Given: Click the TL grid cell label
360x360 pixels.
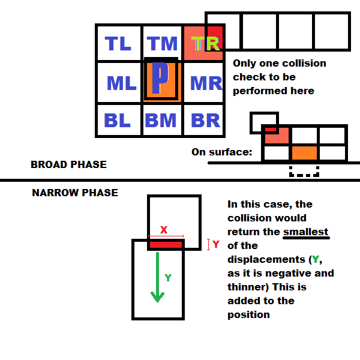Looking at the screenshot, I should pyautogui.click(x=118, y=43).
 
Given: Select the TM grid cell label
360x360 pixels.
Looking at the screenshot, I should pyautogui.click(x=163, y=43).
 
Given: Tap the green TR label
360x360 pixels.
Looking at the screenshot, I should pyautogui.click(x=205, y=43).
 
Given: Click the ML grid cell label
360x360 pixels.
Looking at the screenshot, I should pyautogui.click(x=121, y=83).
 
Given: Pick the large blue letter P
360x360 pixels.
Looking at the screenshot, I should pyautogui.click(x=159, y=79).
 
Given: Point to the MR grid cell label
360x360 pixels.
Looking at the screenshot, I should pyautogui.click(x=206, y=83).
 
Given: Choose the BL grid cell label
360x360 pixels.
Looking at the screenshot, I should pyautogui.click(x=118, y=120).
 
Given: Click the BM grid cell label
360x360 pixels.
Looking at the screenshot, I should pyautogui.click(x=161, y=120).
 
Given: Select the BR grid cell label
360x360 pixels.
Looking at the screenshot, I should pyautogui.click(x=205, y=120).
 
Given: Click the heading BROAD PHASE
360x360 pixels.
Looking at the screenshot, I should pyautogui.click(x=68, y=164).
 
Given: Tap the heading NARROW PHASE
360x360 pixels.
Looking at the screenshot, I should pyautogui.click(x=75, y=193).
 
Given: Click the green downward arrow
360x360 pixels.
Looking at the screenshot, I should pyautogui.click(x=157, y=277).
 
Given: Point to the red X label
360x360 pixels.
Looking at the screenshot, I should pyautogui.click(x=163, y=230).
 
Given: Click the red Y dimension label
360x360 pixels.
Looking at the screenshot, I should pyautogui.click(x=216, y=245).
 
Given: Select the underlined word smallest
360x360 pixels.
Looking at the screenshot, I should pyautogui.click(x=306, y=232).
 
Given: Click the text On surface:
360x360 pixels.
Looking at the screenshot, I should pyautogui.click(x=222, y=152).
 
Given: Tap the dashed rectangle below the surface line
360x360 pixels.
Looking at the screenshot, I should pyautogui.click(x=304, y=171).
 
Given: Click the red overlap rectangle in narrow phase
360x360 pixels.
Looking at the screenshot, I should pyautogui.click(x=166, y=245).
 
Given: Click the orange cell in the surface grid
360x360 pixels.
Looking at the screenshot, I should pyautogui.click(x=304, y=152).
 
